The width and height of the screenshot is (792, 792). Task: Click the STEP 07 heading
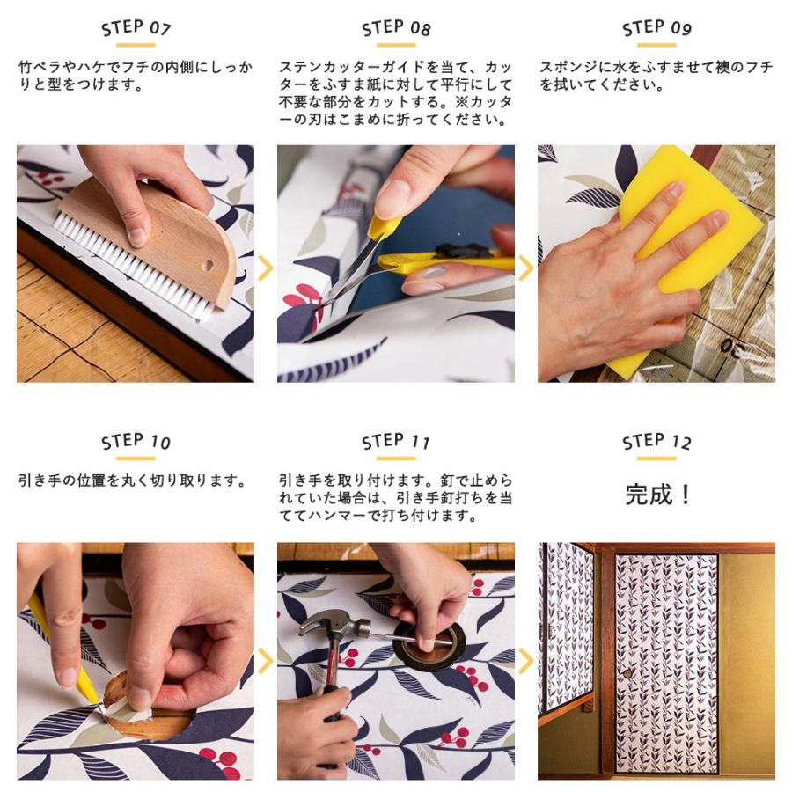pos(136,28)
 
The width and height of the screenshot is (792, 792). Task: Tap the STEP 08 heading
pos(396,28)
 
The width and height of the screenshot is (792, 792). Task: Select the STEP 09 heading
pos(656,28)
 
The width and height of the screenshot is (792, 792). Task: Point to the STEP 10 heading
pos(136,442)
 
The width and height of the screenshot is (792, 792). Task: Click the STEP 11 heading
pos(396,442)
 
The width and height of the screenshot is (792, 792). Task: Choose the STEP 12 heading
pos(656,442)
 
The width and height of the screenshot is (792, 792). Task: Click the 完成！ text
pos(657,494)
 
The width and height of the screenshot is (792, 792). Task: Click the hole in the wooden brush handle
pos(208,266)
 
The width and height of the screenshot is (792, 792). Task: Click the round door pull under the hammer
pos(429,644)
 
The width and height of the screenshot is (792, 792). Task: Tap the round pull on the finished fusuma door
pos(627,674)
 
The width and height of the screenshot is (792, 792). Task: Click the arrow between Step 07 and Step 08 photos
pos(265,268)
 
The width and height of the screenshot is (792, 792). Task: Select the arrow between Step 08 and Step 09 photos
pos(526,268)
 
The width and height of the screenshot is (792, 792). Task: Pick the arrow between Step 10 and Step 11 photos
pos(265,661)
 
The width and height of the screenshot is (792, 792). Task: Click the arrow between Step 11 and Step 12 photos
pos(526,661)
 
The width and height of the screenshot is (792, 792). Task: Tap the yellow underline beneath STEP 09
pos(656,45)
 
